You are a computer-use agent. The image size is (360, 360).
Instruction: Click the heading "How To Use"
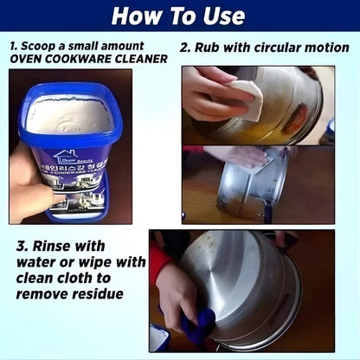pyautogui.click(x=178, y=16)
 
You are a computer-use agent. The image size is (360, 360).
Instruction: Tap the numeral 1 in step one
pyautogui.click(x=12, y=43)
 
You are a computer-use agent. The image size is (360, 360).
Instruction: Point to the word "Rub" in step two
pyautogui.click(x=209, y=47)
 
